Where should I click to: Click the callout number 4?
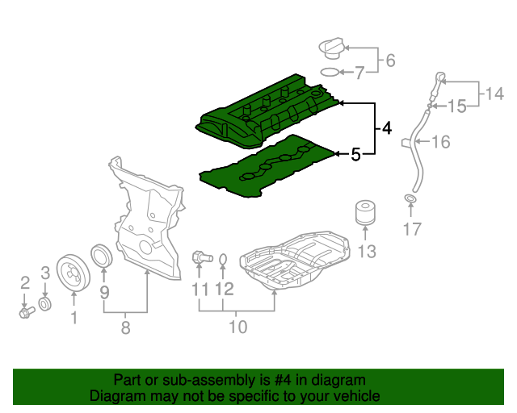point(387,128)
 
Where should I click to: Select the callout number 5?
point(355,154)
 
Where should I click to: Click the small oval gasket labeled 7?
point(330,73)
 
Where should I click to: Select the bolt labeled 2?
point(24,310)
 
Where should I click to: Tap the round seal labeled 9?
point(103,256)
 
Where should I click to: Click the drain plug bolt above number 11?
point(200,258)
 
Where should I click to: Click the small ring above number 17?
point(410,199)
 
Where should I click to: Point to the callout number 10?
point(237,327)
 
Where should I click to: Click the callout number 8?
point(125,327)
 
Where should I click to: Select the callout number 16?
point(440,143)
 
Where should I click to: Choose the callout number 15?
point(457,106)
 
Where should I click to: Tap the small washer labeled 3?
point(46,303)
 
